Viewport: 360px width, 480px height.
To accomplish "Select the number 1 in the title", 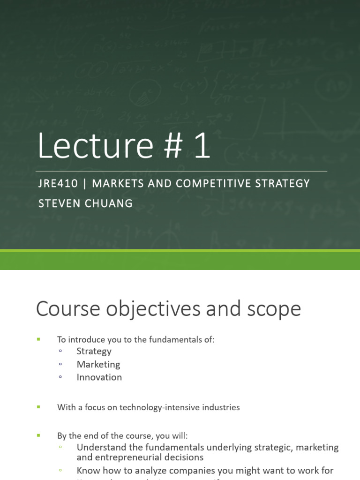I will pyautogui.click(x=201, y=146).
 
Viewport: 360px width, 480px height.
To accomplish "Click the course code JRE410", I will pyautogui.click(x=58, y=183).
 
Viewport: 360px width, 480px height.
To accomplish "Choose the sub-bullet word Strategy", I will pyautogui.click(x=94, y=351).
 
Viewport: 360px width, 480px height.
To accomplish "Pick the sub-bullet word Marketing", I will pyautogui.click(x=98, y=364).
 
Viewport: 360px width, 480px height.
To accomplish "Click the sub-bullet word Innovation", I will pyautogui.click(x=99, y=377).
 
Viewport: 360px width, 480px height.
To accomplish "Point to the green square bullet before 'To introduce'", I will pyautogui.click(x=38, y=339).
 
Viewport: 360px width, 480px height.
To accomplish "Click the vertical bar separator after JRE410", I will pyautogui.click(x=85, y=183).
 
